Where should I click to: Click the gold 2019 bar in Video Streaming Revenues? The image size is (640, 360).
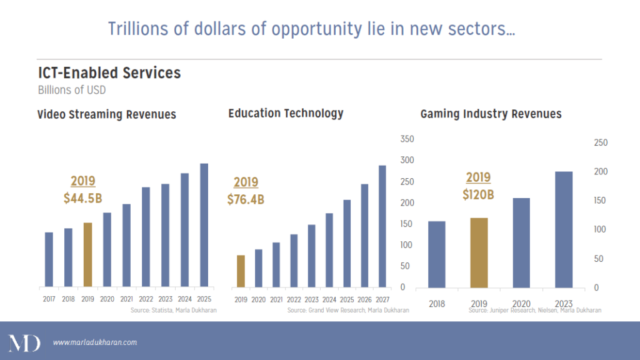coord(87,254)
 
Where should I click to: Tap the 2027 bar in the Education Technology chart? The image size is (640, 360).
coord(382,226)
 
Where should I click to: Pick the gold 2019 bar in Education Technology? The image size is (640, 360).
coord(241,271)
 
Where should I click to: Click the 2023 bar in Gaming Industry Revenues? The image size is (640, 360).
coord(564,229)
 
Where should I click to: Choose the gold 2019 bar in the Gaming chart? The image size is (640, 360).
coord(479,252)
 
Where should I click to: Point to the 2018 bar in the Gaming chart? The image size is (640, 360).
coord(437,254)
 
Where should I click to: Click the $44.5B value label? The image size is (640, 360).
coord(82,199)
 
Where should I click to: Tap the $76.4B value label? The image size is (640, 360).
coord(245,200)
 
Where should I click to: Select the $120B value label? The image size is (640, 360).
coord(478,194)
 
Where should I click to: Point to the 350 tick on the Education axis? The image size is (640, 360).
coord(407,139)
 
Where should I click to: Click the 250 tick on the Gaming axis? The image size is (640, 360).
coord(600,143)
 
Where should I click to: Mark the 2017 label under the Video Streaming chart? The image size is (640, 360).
coord(49,299)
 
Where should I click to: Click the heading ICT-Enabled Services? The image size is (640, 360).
coord(109,73)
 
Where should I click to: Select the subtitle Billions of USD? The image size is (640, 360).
coord(72,90)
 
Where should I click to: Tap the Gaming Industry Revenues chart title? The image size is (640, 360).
coord(491,114)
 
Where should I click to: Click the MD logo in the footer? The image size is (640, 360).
coord(24,342)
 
